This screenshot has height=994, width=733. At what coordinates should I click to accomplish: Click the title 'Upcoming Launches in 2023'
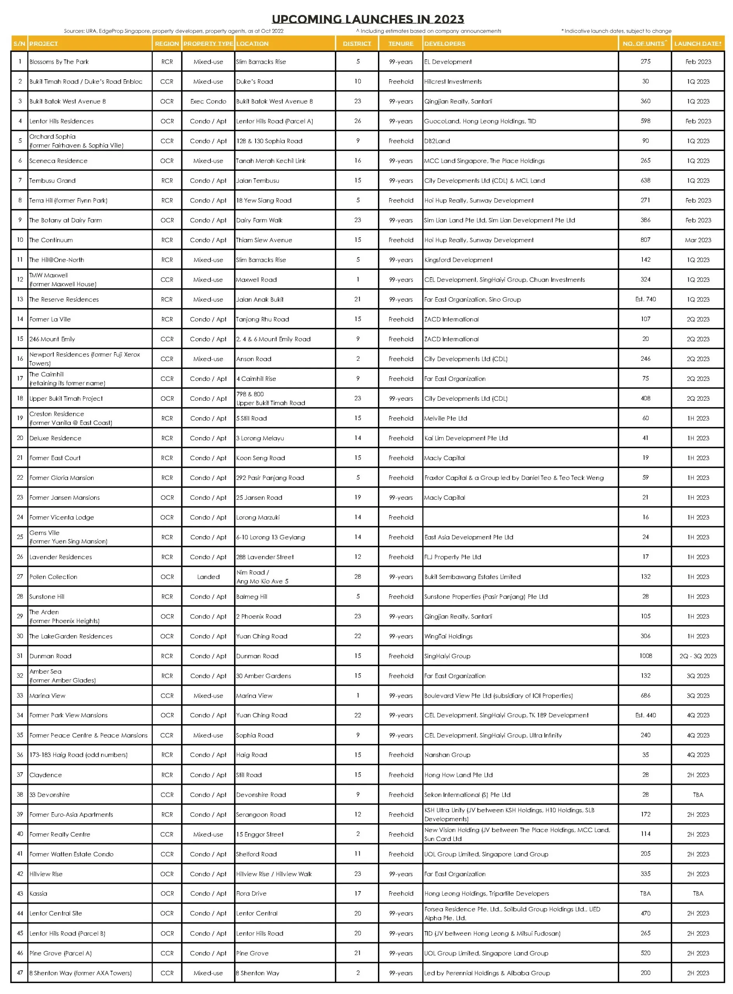pos(367,19)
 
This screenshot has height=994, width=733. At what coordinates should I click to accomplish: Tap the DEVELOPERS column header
pos(445,43)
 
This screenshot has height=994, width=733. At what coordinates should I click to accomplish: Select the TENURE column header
pos(400,43)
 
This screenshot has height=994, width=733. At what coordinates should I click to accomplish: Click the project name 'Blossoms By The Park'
pos(59,62)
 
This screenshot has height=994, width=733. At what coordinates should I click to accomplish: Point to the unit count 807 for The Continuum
pos(645,240)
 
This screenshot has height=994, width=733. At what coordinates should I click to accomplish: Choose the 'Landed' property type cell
pos(208,577)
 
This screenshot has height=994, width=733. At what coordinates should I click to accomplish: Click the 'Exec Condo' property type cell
pos(208,101)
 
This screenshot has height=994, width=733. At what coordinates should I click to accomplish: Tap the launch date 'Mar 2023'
pos(698,240)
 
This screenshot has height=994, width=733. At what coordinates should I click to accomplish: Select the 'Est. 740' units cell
pos(645,299)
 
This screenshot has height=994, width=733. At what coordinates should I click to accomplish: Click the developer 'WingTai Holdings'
pos(448,636)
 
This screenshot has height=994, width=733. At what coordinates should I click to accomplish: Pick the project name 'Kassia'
pos(38,893)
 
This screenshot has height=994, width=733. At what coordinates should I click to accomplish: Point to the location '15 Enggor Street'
pos(259,834)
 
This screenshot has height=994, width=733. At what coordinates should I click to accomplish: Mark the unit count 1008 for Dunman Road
pos(646,655)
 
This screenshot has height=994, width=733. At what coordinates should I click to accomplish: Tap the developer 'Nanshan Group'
pos(447,754)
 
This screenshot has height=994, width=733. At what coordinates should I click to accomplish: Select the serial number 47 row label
pos(20,973)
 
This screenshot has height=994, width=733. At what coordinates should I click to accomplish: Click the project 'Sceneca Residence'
pos(58,161)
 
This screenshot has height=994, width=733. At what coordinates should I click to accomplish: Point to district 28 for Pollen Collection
pos(358,577)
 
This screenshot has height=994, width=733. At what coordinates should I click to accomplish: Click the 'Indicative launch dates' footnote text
pos(616,31)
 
